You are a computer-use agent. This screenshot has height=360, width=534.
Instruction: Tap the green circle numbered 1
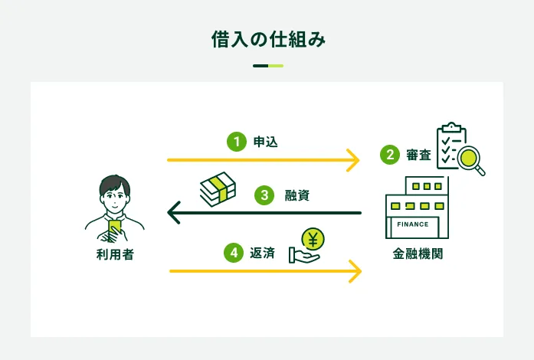[x=237, y=141]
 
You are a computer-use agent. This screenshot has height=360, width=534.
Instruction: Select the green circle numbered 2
[x=390, y=155]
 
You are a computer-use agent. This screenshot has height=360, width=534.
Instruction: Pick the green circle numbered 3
[x=264, y=195]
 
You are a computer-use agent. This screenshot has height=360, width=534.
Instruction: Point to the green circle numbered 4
[x=234, y=252]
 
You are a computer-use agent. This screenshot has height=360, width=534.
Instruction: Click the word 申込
[x=265, y=141]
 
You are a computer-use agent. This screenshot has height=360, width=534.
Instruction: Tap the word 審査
[x=418, y=155]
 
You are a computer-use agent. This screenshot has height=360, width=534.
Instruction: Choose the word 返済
[x=262, y=252]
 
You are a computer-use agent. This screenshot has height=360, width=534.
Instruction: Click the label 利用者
[x=115, y=254]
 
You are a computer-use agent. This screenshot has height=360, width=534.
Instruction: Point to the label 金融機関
[x=418, y=254]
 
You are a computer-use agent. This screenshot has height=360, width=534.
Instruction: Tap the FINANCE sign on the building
[x=414, y=224]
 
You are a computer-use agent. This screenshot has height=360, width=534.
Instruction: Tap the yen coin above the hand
[x=312, y=239]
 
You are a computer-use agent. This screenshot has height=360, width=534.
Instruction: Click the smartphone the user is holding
[x=115, y=227]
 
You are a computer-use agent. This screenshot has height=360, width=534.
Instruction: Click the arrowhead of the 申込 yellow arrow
[x=355, y=160]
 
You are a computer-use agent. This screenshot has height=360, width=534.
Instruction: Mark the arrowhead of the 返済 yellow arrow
[x=355, y=270]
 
